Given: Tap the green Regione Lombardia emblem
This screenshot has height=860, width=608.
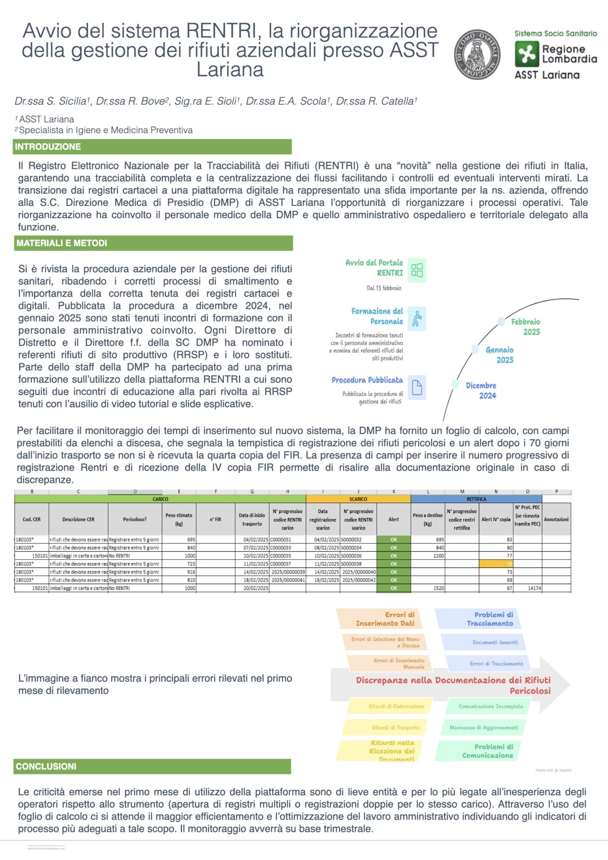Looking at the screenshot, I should (x=526, y=55).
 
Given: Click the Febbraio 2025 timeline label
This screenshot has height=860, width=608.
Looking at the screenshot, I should (x=525, y=327).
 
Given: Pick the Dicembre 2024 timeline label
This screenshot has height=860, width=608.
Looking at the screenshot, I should (x=481, y=391).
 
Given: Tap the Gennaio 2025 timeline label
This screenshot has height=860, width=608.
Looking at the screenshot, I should (x=500, y=355).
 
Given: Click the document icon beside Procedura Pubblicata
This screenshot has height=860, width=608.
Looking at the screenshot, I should (x=417, y=387).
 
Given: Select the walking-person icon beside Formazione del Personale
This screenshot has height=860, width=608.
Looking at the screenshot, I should (x=417, y=319).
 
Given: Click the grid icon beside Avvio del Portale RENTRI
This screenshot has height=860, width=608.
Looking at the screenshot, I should (x=417, y=270).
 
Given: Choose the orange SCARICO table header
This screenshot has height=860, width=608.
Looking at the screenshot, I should (x=358, y=499).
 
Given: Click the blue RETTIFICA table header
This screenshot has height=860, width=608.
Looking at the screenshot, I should (x=476, y=499).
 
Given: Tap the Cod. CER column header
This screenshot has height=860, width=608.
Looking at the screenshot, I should (x=32, y=519).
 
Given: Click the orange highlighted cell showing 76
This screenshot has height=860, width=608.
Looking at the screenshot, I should (x=496, y=564).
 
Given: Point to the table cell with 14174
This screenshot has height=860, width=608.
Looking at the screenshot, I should (x=528, y=588).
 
